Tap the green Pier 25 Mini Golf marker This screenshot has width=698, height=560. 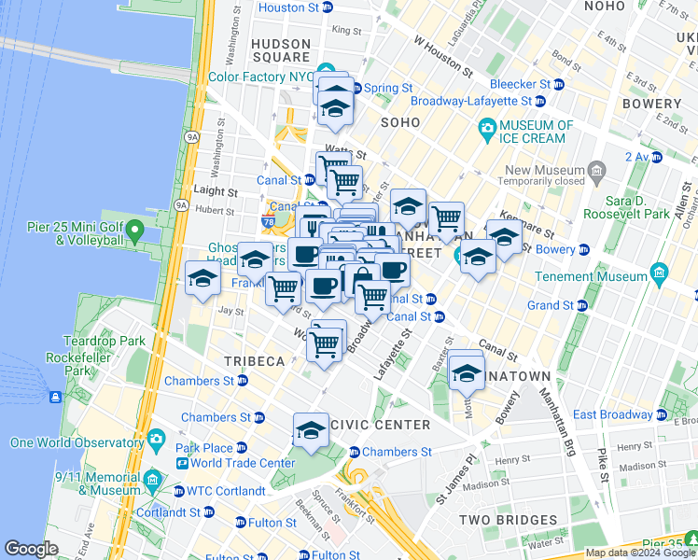[x=135, y=230]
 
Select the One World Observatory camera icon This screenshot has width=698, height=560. [x=155, y=438]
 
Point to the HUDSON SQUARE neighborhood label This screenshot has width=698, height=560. [x=280, y=50]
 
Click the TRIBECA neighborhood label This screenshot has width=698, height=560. [x=253, y=361]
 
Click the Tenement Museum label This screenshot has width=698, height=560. [x=605, y=276]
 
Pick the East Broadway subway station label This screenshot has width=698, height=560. [x=613, y=414]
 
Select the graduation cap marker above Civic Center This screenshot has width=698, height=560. [x=311, y=430]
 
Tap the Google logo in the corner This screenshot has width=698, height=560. [x=31, y=549]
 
